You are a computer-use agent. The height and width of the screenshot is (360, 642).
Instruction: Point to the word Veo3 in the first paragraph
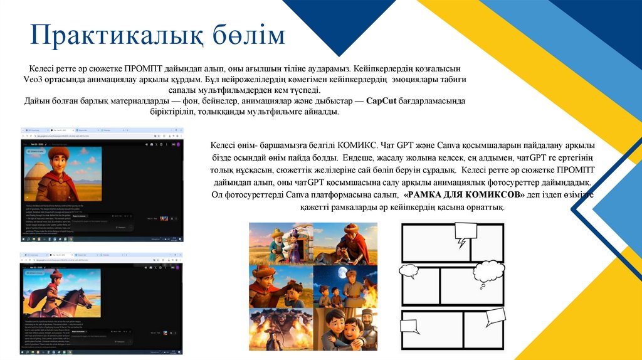(x=33, y=80)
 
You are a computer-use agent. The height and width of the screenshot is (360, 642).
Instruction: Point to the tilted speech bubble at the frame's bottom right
(x=495, y=316)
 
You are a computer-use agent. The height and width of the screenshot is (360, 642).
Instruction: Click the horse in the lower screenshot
(x=72, y=302)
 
